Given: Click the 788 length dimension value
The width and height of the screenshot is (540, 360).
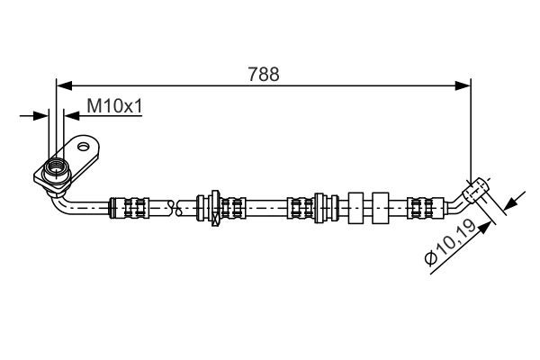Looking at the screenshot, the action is tap(264, 74).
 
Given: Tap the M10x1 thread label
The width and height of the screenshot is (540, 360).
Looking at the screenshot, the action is tap(114, 106).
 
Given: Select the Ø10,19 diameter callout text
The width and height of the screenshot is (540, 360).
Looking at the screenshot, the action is tap(451, 243).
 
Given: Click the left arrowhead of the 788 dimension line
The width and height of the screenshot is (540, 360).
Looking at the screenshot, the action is tap(64, 85).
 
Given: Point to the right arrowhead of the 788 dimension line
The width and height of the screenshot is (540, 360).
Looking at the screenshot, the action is tap(463, 85).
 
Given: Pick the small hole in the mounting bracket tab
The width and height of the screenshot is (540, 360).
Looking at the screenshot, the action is tap(84, 147).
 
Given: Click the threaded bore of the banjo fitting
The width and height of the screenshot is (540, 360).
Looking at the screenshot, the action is tap(56, 167).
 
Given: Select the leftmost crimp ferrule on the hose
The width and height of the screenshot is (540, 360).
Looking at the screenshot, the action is tap(129, 207).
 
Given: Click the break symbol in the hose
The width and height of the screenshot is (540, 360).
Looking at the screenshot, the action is tap(175, 208).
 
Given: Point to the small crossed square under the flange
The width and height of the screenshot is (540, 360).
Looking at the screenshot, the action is tap(216, 220).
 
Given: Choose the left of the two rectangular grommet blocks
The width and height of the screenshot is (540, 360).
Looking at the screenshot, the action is tap(355, 208).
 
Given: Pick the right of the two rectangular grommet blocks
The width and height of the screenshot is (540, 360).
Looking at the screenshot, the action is tap(381, 208).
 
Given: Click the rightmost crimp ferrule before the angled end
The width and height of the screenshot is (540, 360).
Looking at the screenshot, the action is tap(426, 208).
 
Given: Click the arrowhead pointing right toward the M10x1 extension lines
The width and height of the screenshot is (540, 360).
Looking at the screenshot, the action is tap(41, 116).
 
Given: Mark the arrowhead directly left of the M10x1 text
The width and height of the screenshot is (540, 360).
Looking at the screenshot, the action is tap(72, 116).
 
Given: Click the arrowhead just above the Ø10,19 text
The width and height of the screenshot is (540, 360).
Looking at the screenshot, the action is tap(484, 229).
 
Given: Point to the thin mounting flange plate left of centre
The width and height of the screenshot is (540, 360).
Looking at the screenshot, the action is tap(216, 207).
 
